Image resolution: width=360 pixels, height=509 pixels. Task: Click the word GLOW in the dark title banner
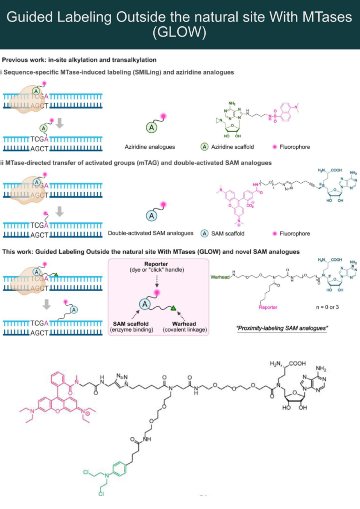tap(180, 33)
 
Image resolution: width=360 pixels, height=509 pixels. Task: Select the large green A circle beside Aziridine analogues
tap(151, 127)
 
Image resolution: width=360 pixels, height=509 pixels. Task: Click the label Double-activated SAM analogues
tap(150, 233)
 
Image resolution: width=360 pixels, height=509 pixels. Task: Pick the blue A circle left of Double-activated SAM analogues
tap(152, 215)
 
